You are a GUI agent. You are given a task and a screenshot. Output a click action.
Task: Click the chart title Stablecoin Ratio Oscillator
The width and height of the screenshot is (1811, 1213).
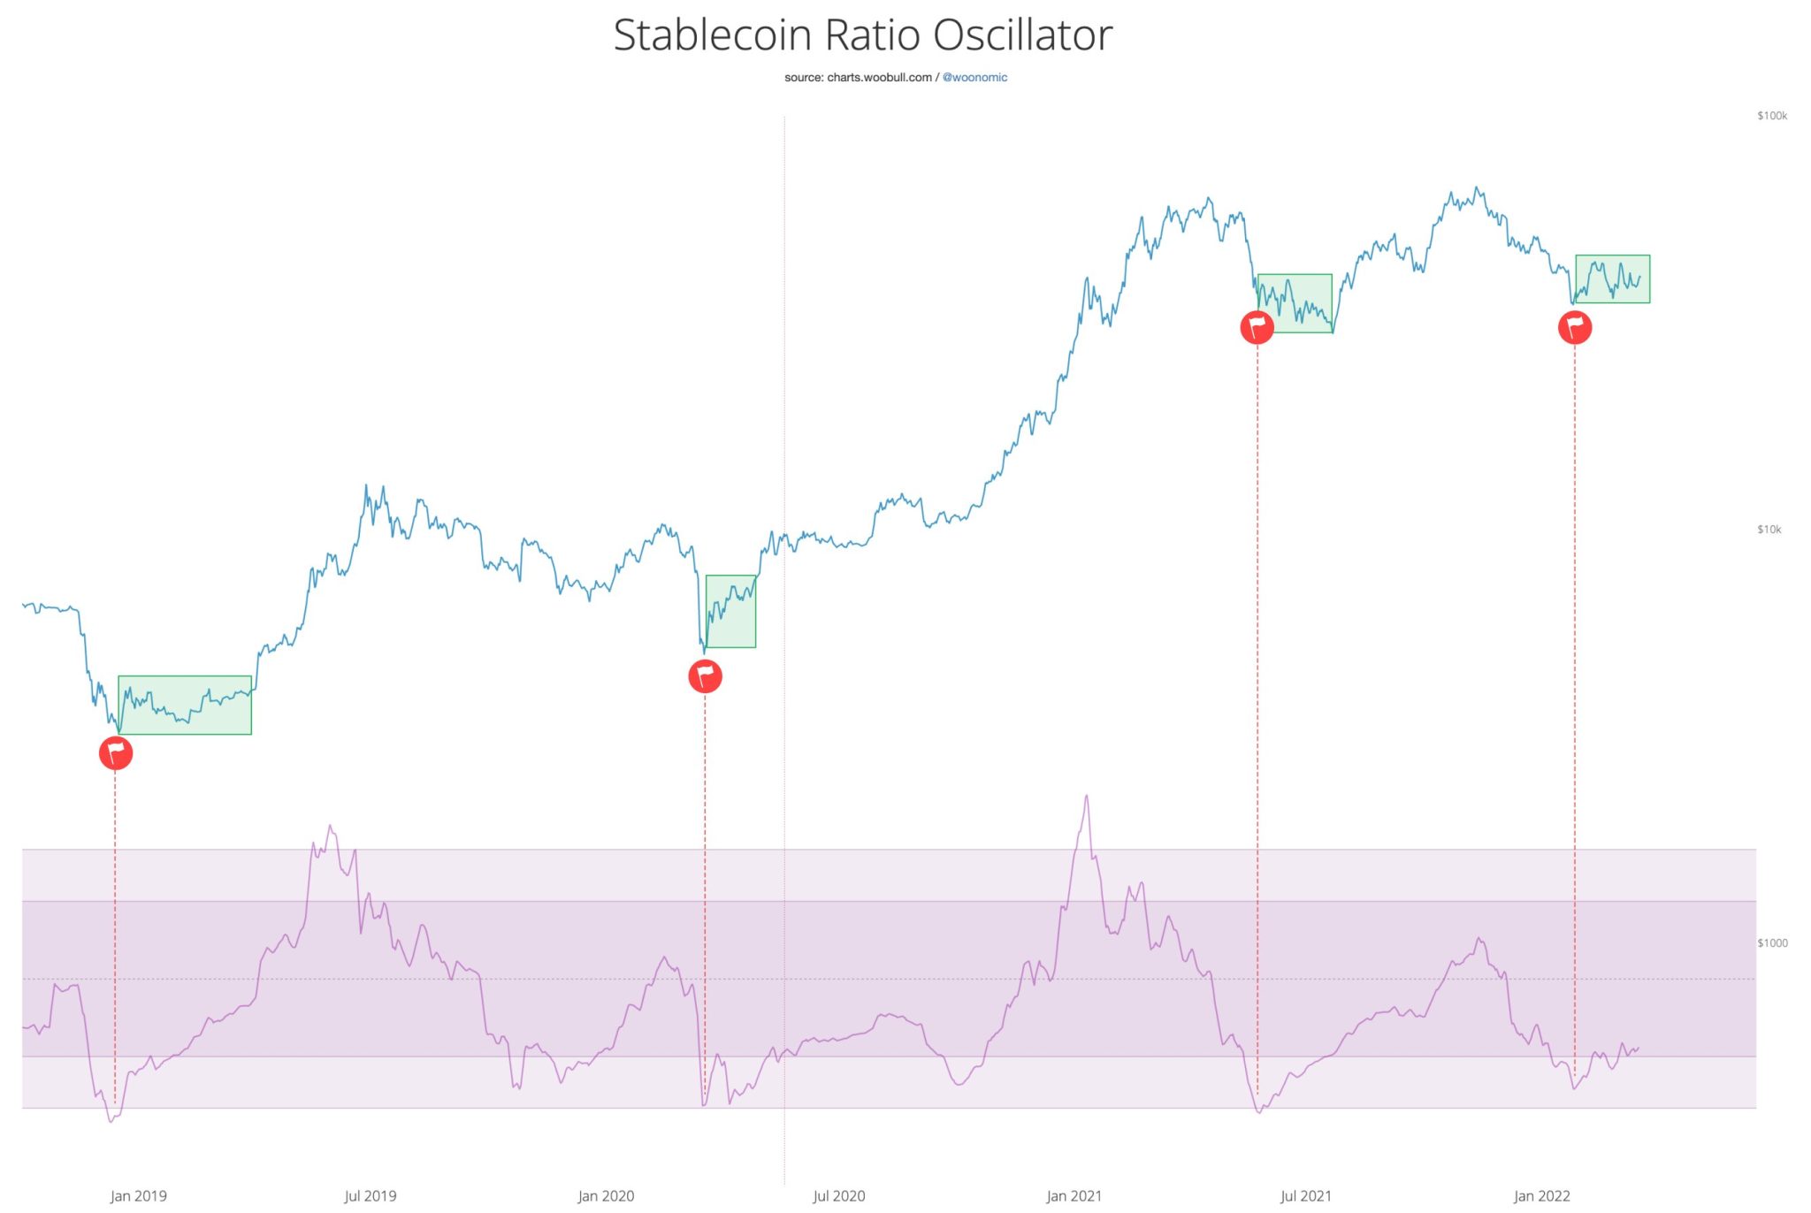coord(862,35)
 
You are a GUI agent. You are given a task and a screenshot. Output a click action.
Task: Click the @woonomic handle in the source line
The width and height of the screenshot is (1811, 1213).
coord(974,78)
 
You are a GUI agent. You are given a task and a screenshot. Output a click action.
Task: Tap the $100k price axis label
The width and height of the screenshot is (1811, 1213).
coord(1771,116)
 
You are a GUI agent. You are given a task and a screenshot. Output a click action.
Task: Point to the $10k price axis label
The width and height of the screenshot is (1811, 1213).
coord(1769,530)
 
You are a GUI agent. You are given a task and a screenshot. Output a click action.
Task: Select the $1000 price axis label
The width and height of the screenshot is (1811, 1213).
coord(1771,943)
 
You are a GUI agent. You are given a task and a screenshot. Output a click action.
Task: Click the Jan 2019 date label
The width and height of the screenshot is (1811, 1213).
coord(138,1196)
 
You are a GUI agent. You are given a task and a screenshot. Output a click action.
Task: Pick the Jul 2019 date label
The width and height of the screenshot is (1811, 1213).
coord(370,1196)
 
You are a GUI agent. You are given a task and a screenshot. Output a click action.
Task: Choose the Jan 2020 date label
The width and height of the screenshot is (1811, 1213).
coord(606,1196)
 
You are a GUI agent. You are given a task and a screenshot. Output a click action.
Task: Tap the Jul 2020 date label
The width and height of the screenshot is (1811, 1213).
coord(838,1196)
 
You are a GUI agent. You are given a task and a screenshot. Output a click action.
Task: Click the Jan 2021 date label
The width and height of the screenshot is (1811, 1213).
coord(1074,1196)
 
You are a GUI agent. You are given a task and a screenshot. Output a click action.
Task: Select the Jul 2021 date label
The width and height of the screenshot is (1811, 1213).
coord(1305,1196)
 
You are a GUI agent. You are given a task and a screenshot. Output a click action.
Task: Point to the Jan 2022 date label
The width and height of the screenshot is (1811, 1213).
coord(1541,1196)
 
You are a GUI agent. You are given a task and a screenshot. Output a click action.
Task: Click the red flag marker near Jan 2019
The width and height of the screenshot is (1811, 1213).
coord(116,753)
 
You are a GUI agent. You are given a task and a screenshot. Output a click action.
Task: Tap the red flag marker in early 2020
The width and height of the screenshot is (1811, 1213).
coord(705,676)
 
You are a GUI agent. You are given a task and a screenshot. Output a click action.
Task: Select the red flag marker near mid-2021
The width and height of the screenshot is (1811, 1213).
coord(1257,327)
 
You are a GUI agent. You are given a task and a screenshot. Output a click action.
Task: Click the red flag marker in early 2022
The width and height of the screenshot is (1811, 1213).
coord(1574,327)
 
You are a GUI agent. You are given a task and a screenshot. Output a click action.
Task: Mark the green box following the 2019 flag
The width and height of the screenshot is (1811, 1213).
coord(185,706)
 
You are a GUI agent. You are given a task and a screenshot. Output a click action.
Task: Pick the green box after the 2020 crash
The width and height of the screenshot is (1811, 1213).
coord(730,612)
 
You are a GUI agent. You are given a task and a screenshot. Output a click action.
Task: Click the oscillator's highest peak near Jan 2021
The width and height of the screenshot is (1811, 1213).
coord(1086,797)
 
